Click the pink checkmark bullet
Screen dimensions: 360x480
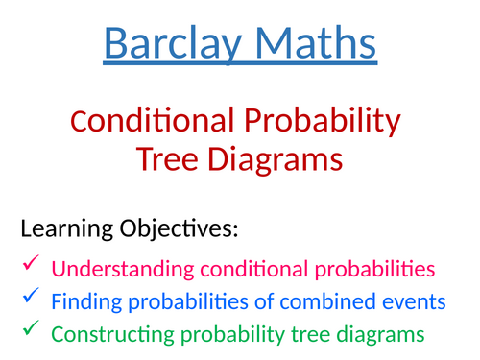30,262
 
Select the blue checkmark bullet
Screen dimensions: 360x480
30,296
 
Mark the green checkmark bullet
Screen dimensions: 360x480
30,328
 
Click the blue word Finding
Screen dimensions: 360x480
82,302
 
